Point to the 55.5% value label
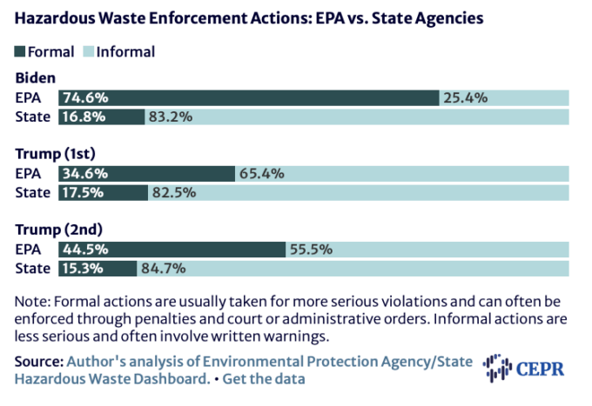[311, 250]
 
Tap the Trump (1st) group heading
[56, 154]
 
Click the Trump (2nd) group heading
[57, 230]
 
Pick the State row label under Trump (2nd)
[32, 268]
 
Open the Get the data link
[264, 380]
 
